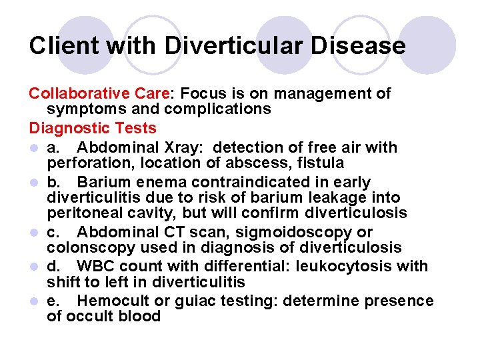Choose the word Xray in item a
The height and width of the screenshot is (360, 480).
(x=173, y=147)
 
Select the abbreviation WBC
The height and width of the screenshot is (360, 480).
(x=97, y=267)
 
